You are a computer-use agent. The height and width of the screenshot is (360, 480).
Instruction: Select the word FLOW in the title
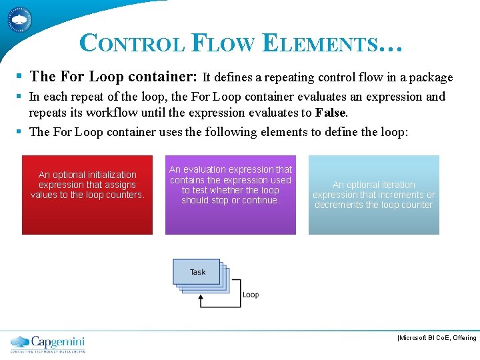click(223, 43)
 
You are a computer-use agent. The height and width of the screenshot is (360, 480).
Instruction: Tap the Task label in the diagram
click(197, 272)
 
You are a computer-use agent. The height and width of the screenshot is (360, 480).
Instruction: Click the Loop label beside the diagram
click(251, 295)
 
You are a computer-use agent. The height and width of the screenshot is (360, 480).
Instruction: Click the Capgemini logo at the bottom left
click(47, 343)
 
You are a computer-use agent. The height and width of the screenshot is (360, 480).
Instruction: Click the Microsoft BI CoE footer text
click(437, 338)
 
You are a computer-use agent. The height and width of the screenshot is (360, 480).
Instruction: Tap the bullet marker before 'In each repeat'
click(22, 97)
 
